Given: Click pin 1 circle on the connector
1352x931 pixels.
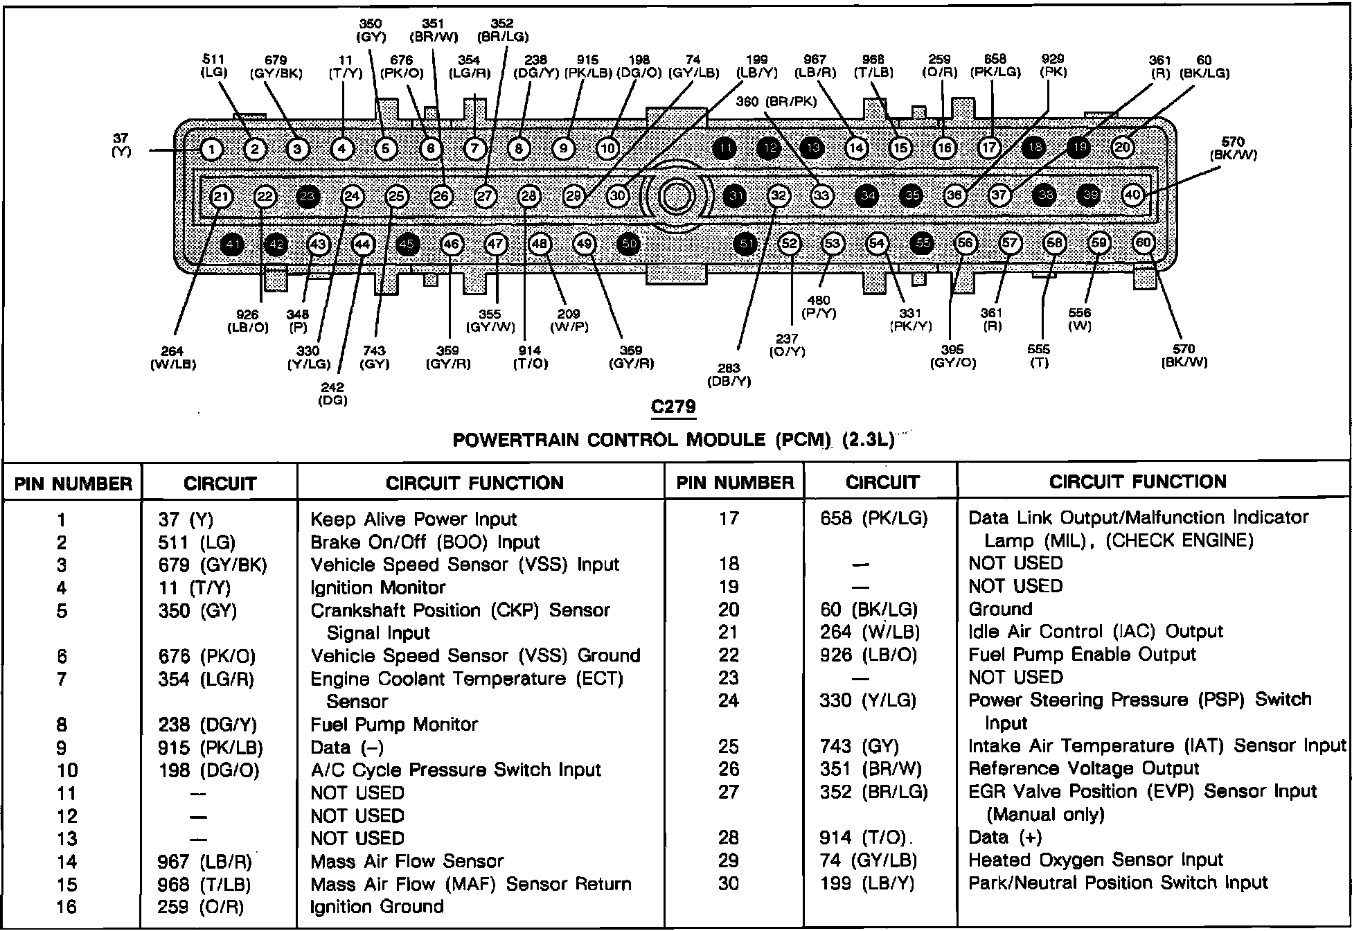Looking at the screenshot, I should (x=211, y=150).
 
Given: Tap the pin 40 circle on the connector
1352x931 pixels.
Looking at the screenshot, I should (x=1132, y=195).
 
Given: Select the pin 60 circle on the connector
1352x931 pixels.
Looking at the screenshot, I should (x=1143, y=242).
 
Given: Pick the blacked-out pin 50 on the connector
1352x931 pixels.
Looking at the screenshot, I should (x=629, y=244).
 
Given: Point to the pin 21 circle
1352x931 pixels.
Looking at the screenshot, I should (x=221, y=197).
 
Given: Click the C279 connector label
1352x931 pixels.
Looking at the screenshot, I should (x=673, y=407).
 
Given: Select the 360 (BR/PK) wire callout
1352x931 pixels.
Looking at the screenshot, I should (x=776, y=101).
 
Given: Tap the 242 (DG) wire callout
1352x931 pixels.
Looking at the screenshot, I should (x=332, y=393).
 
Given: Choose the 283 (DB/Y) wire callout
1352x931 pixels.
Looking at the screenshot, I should (x=729, y=374).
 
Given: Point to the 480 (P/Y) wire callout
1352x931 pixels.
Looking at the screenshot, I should (x=819, y=307).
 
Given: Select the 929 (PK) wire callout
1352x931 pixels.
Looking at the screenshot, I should (x=1052, y=66).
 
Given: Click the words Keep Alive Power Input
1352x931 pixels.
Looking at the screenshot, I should (x=413, y=520).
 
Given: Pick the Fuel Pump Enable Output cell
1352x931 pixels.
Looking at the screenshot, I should (x=1082, y=655).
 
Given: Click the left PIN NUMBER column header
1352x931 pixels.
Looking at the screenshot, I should (x=73, y=484).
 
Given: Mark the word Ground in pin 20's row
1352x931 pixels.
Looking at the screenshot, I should (x=1000, y=609).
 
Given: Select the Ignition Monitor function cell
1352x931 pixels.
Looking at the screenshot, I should (x=377, y=588).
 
